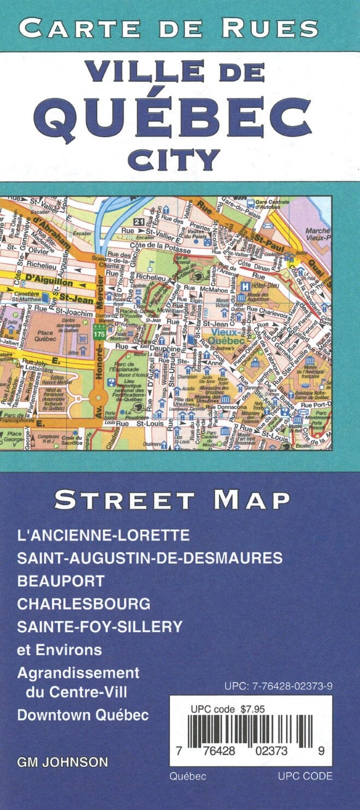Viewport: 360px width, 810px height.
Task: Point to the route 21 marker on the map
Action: [139, 221]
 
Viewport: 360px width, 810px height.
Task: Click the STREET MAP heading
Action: [172, 499]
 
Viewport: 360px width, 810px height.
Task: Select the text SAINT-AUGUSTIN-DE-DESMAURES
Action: [150, 557]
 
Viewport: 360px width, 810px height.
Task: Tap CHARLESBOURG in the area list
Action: [84, 603]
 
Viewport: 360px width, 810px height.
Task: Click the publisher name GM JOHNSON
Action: [62, 761]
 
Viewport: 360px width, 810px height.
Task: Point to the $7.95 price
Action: [252, 709]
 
